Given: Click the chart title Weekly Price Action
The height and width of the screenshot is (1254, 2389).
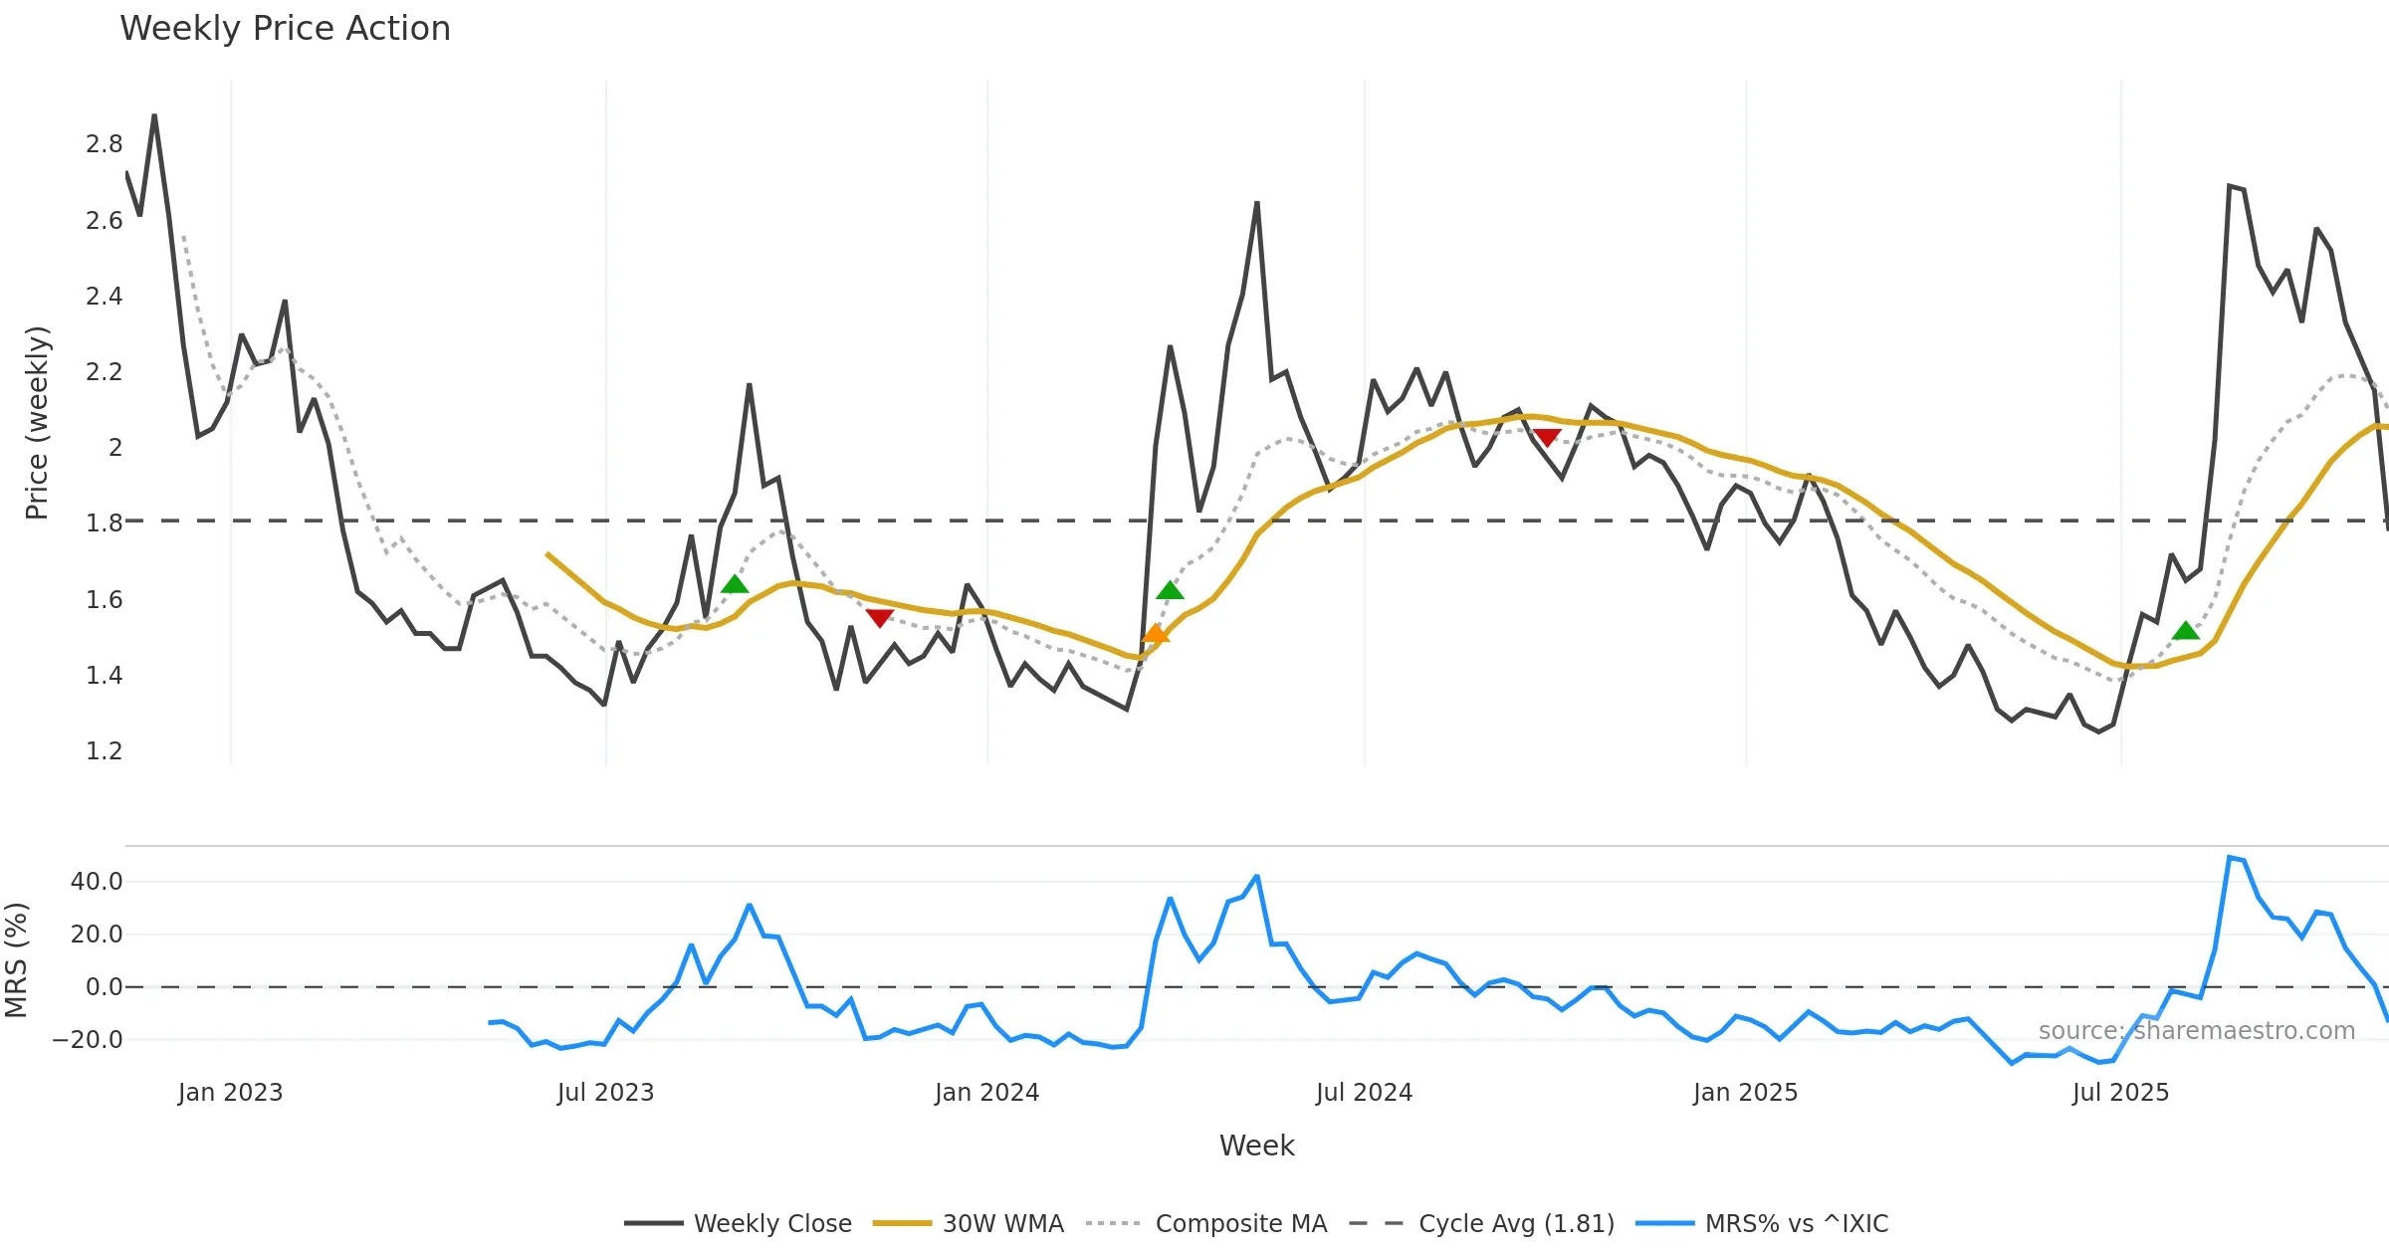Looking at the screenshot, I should click(x=285, y=29).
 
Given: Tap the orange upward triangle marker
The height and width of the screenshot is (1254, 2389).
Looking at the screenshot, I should click(x=1155, y=633).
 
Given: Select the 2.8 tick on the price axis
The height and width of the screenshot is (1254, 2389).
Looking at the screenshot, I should click(x=104, y=144).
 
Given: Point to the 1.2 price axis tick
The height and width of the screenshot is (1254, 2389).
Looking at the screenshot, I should click(x=104, y=751).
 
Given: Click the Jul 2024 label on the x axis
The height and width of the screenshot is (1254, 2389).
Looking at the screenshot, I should click(x=1364, y=1093).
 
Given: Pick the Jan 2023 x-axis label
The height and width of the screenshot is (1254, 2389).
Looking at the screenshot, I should click(x=230, y=1093).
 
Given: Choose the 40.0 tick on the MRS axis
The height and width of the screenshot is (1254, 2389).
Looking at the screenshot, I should click(x=97, y=882).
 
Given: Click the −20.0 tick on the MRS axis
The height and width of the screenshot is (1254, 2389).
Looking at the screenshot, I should click(x=88, y=1040).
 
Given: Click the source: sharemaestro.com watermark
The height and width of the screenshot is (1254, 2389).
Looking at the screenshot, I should click(x=2196, y=1031).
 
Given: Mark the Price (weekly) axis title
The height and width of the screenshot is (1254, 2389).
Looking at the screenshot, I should click(x=37, y=423).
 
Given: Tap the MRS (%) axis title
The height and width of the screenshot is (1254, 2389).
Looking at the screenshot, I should click(x=16, y=960).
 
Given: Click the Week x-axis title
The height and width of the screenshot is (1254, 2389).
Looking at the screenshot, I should click(x=1256, y=1147).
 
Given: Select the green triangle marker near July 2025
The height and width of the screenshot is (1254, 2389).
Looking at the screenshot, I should click(x=2185, y=631).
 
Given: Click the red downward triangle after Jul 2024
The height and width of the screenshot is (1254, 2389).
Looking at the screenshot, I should click(x=1547, y=437).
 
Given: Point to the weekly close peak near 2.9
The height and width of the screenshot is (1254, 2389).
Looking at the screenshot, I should click(x=154, y=115).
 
